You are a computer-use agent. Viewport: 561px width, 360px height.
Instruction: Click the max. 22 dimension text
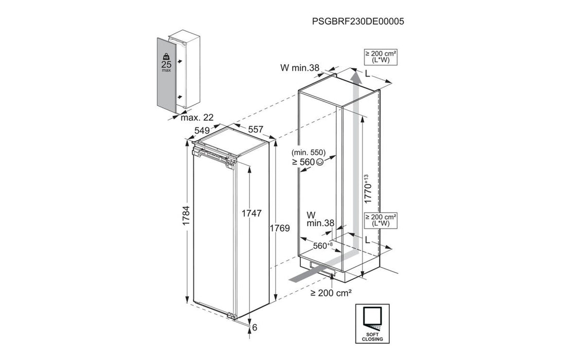197,118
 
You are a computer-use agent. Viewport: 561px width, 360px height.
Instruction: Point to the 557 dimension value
256,130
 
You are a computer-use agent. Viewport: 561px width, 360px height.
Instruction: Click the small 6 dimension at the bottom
255,327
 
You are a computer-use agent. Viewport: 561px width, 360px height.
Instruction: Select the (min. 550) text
307,153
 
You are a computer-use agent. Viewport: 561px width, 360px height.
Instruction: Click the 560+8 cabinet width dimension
321,246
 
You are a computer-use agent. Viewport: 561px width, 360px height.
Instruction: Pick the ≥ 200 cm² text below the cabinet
331,293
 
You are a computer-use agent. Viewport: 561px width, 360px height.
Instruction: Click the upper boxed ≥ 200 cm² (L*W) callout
382,57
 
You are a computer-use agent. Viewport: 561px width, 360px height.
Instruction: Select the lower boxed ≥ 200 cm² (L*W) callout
382,220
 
